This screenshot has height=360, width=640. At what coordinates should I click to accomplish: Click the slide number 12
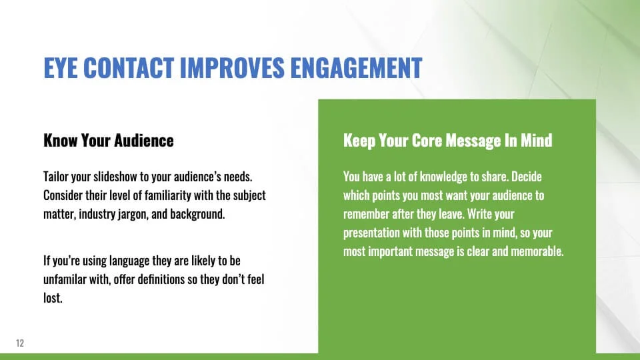[x=20, y=343]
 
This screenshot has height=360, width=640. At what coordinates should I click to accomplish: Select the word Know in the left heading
[x=61, y=141]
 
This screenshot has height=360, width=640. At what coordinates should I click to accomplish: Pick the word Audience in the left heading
[x=144, y=141]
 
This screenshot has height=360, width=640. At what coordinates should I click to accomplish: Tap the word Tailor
[x=56, y=177]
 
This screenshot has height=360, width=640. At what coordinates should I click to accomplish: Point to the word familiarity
[x=168, y=195]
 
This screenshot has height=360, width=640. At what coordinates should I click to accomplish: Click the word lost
[x=53, y=298]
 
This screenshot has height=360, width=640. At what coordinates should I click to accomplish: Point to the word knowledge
[x=443, y=177]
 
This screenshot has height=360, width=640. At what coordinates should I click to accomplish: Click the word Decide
[x=527, y=177]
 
